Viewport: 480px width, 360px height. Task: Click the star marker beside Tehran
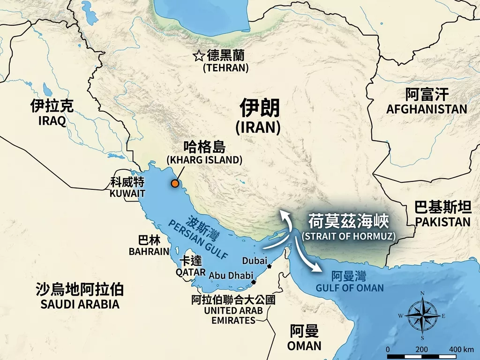[x=199, y=57]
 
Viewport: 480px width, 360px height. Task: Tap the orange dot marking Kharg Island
[x=175, y=184]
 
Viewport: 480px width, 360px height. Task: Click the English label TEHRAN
[x=225, y=67]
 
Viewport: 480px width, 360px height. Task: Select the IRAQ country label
[x=52, y=121]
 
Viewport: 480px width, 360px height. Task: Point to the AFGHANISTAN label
[x=427, y=109]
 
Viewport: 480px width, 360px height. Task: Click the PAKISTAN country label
[x=442, y=222]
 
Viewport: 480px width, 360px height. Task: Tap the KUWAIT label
[x=127, y=193]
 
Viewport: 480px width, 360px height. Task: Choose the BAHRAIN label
[x=149, y=252]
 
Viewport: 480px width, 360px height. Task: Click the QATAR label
[x=190, y=272]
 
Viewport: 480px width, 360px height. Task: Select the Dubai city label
[x=254, y=261]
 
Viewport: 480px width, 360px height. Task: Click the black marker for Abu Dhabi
[x=254, y=282]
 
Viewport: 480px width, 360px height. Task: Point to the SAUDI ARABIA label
[x=80, y=304]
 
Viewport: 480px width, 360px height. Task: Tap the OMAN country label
[x=304, y=346]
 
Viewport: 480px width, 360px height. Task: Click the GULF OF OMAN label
[x=349, y=288]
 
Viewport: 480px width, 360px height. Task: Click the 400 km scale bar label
[x=461, y=350]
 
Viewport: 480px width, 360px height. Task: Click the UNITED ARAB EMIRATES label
[x=233, y=315]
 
